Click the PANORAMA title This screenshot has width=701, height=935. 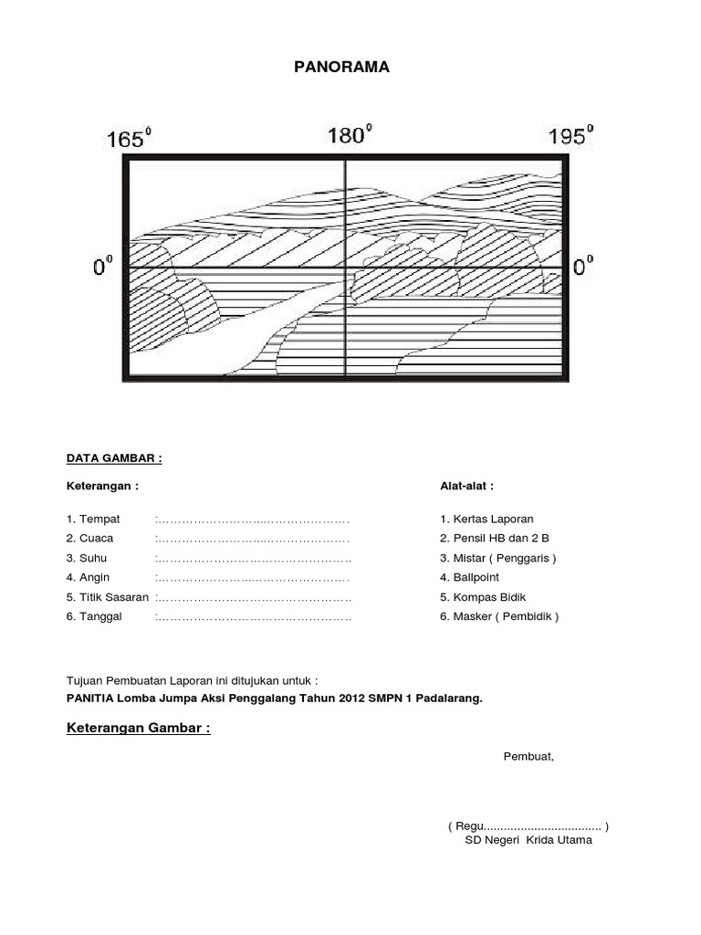[x=341, y=67]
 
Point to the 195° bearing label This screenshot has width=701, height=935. [x=570, y=135]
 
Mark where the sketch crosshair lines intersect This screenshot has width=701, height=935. [x=345, y=268]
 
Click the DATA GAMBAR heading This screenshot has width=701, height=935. [x=114, y=457]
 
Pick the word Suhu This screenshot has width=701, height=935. [x=95, y=557]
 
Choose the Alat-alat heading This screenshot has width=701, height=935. [x=466, y=486]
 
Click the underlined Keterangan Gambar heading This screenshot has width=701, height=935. [x=139, y=728]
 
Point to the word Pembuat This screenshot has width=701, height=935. [x=528, y=756]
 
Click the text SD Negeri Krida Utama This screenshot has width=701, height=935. [x=528, y=840]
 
